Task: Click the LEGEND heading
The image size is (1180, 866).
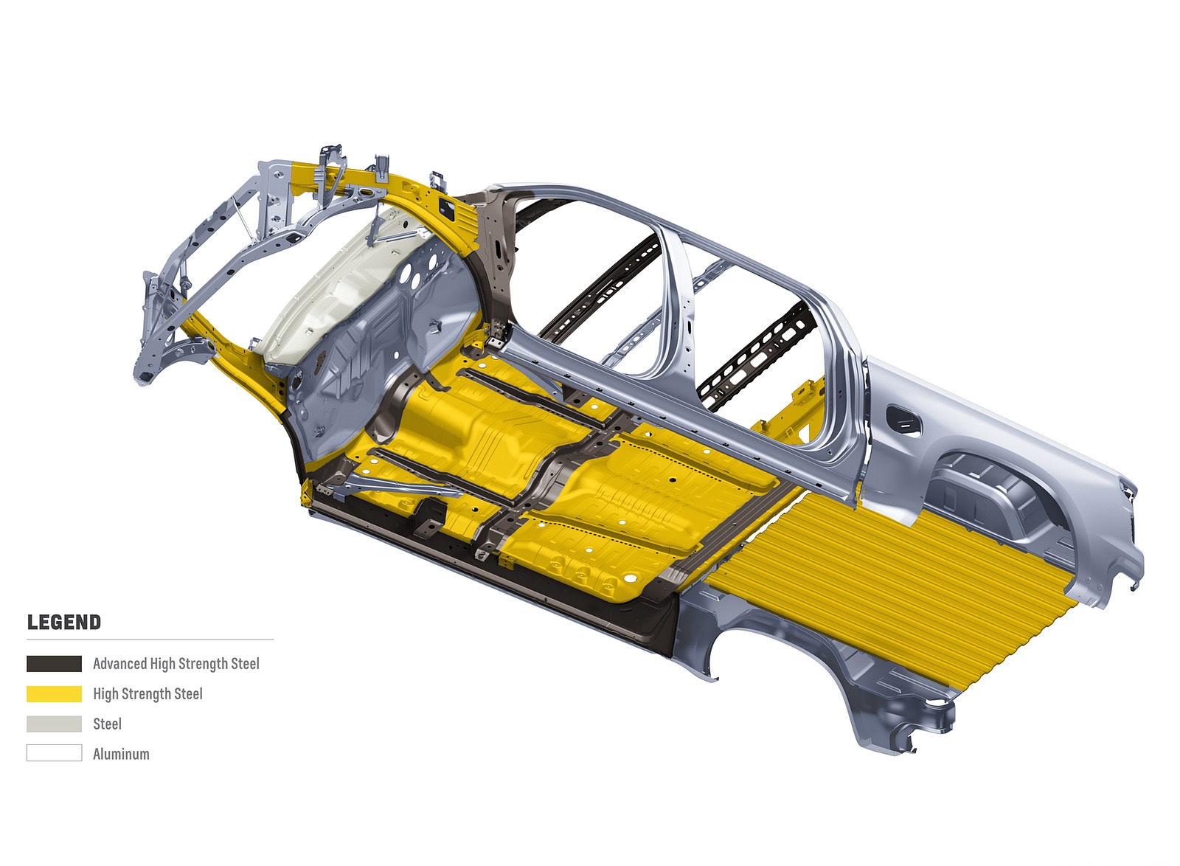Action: [x=63, y=622]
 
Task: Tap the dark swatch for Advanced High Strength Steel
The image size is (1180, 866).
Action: [x=55, y=664]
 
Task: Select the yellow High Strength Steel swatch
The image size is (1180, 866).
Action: [x=55, y=693]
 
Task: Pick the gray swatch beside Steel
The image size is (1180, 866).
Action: [x=55, y=724]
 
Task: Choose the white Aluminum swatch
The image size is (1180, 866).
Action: [x=55, y=753]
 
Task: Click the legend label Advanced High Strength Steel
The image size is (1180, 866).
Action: [x=176, y=664]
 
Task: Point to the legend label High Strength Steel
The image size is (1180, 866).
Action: [x=148, y=693]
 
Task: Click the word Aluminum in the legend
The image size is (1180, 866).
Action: [x=121, y=754]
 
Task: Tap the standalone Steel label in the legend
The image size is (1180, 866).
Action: [x=108, y=724]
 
